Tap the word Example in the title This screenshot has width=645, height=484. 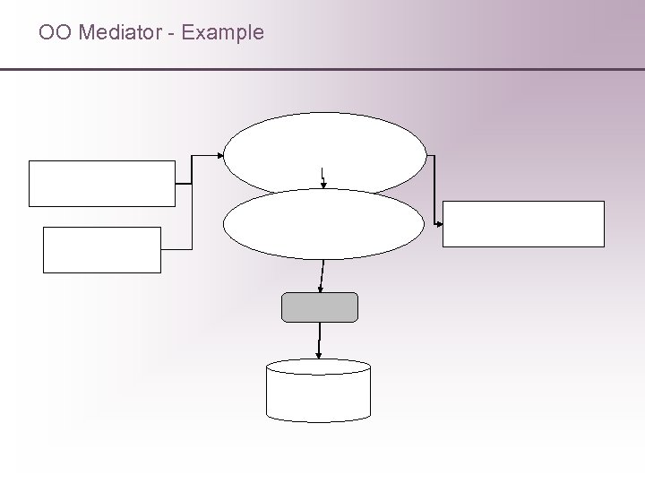click(222, 33)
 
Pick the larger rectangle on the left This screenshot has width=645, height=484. click(102, 184)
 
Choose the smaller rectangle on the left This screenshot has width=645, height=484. click(102, 249)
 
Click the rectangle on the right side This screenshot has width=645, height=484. click(524, 223)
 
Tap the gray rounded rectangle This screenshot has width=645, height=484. click(320, 307)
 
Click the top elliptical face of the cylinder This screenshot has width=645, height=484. click(319, 367)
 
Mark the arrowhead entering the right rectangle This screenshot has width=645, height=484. click(440, 223)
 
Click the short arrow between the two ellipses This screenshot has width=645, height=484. click(323, 177)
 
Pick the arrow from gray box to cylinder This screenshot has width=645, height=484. click(319, 341)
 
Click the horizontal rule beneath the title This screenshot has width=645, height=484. click(322, 69)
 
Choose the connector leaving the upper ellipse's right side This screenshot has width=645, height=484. click(434, 188)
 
